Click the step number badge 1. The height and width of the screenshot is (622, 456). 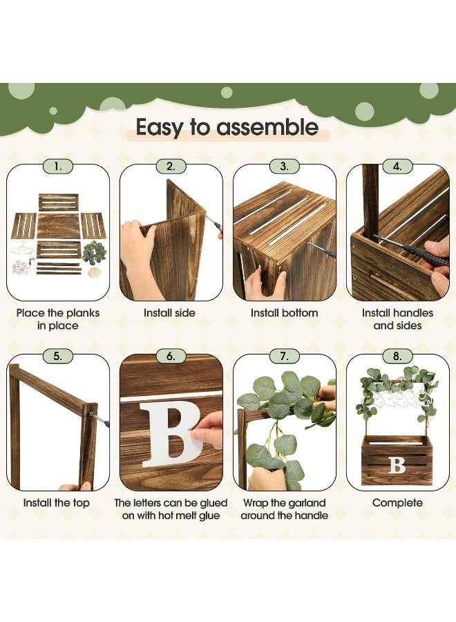[58, 167]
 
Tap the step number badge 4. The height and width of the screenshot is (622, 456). [397, 167]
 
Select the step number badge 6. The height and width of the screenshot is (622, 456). [171, 356]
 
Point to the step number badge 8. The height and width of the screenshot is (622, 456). [397, 356]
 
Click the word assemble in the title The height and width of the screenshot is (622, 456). [267, 127]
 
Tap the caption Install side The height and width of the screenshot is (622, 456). [169, 313]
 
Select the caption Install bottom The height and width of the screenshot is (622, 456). [284, 313]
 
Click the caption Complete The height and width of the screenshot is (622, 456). [397, 503]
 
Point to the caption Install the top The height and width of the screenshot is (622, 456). [56, 503]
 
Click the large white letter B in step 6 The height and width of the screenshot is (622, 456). [171, 434]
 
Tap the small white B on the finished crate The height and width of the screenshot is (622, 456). [397, 465]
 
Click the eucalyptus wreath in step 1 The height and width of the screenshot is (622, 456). [95, 253]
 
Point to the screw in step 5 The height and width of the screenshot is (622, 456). [99, 420]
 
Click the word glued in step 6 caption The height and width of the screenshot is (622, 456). [213, 503]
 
